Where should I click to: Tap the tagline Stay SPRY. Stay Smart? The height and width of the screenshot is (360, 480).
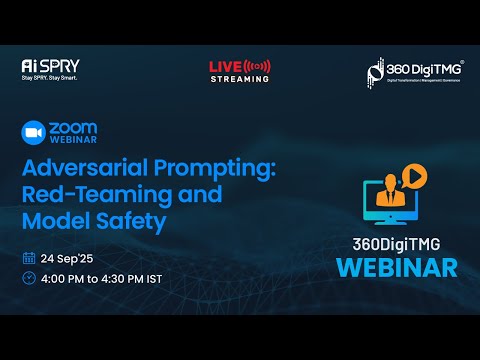50,77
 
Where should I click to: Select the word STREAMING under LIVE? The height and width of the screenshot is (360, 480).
239,78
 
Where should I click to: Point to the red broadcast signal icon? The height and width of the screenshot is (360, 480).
258,66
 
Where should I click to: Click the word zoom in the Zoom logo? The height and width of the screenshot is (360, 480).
73,129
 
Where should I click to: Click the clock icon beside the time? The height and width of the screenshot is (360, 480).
29,278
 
